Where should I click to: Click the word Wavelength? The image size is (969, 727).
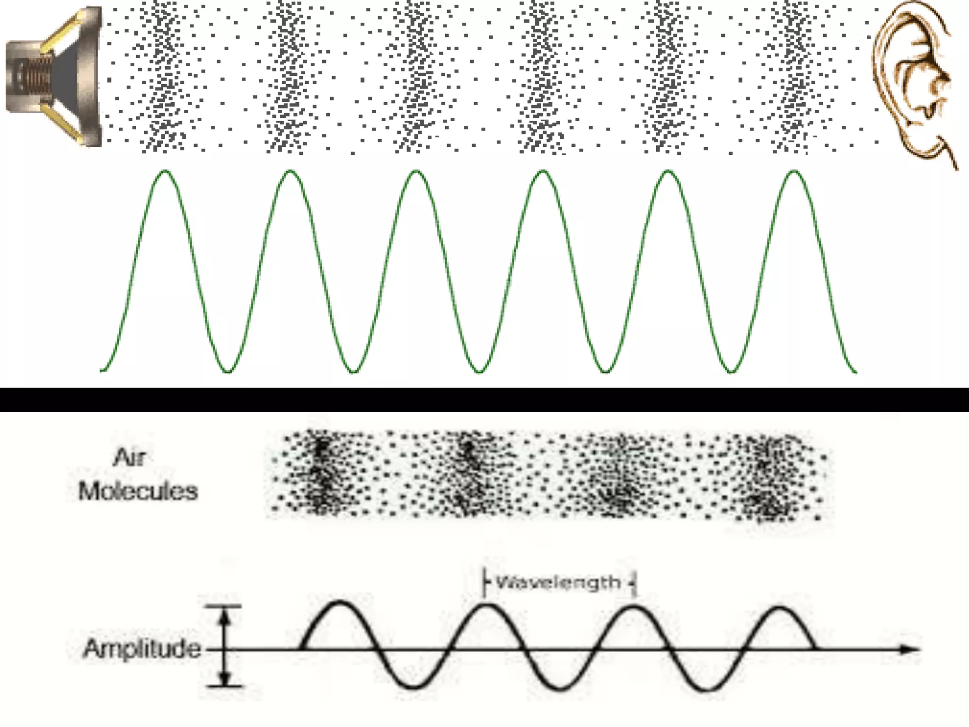coord(558,582)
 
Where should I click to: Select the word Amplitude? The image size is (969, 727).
coord(142,648)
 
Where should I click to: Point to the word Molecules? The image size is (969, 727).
coord(138,491)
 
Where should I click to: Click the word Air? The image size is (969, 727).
coord(129,458)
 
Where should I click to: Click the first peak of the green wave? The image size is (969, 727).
coord(165,171)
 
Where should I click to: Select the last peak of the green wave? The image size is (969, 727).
coord(794,171)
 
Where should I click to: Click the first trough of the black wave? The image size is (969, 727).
coord(414,687)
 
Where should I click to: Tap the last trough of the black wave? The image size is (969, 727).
coord(706,690)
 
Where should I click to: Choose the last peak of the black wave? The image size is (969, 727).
coord(779,608)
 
